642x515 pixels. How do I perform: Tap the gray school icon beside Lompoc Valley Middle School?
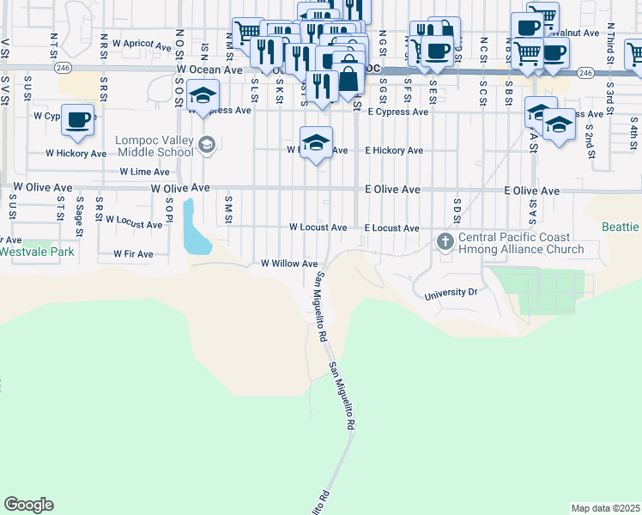[x=206, y=144]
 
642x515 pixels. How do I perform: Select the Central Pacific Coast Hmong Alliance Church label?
[x=521, y=243]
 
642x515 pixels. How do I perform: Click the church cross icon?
[x=445, y=241]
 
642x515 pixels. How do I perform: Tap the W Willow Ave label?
[x=289, y=264]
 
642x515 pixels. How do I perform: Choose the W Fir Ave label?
[x=133, y=254]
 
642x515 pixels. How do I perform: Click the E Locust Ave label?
[x=391, y=228]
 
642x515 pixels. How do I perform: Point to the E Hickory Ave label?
[x=394, y=150]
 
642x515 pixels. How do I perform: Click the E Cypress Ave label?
[x=397, y=112]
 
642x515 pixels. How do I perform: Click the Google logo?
[x=28, y=505]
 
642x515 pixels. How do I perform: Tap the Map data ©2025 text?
[x=605, y=508]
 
